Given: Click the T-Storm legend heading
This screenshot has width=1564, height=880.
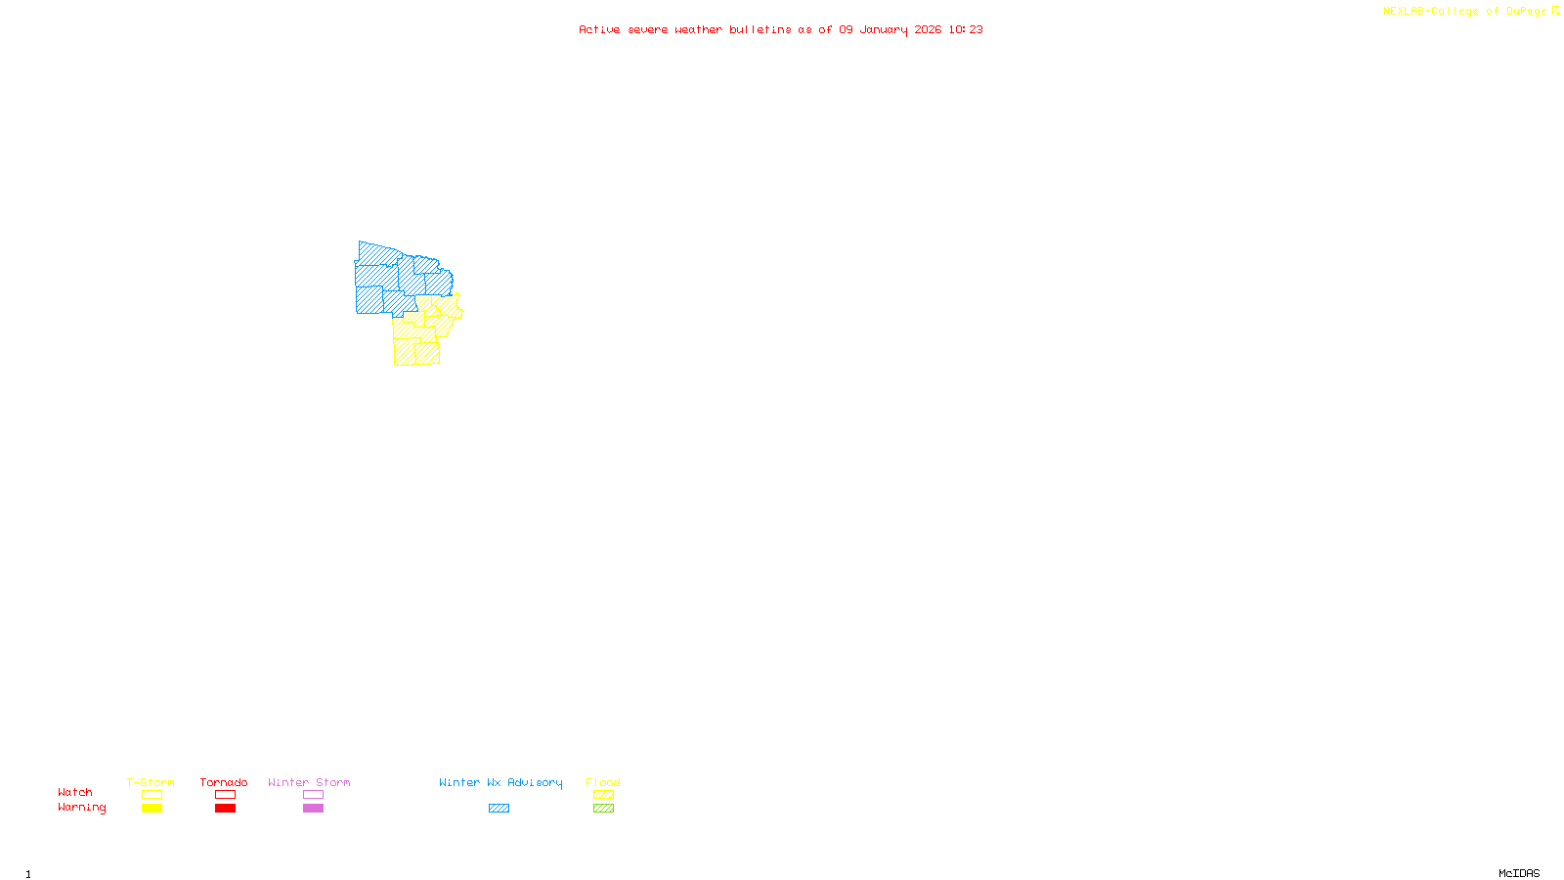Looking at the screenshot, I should (x=151, y=782).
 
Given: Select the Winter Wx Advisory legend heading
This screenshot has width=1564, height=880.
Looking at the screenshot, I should (x=500, y=782).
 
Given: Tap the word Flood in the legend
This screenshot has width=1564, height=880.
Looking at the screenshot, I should (x=603, y=782).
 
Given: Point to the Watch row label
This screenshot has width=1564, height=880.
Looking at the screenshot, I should (x=75, y=792).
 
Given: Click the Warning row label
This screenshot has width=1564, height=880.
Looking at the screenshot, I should (x=81, y=808).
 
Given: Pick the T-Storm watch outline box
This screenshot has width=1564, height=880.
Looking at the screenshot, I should (x=152, y=795).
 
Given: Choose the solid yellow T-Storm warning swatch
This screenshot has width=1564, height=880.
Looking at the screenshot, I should (x=152, y=809).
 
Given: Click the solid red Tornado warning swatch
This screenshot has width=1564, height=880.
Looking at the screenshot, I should (x=225, y=809).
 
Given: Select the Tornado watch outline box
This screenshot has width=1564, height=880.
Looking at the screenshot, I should (x=225, y=795).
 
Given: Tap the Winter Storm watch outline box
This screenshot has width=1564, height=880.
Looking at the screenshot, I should (x=313, y=795).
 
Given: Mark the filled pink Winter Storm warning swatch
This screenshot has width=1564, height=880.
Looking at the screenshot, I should (x=313, y=809).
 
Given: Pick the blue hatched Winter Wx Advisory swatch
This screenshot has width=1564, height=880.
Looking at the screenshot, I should (x=499, y=809).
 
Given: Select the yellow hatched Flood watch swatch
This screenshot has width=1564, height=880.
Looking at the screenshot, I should (x=603, y=795).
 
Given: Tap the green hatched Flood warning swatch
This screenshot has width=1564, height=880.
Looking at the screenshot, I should (x=603, y=809).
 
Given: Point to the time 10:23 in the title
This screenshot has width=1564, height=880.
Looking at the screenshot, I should (x=966, y=29).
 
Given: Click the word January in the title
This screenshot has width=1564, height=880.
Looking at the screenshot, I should (x=884, y=29).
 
